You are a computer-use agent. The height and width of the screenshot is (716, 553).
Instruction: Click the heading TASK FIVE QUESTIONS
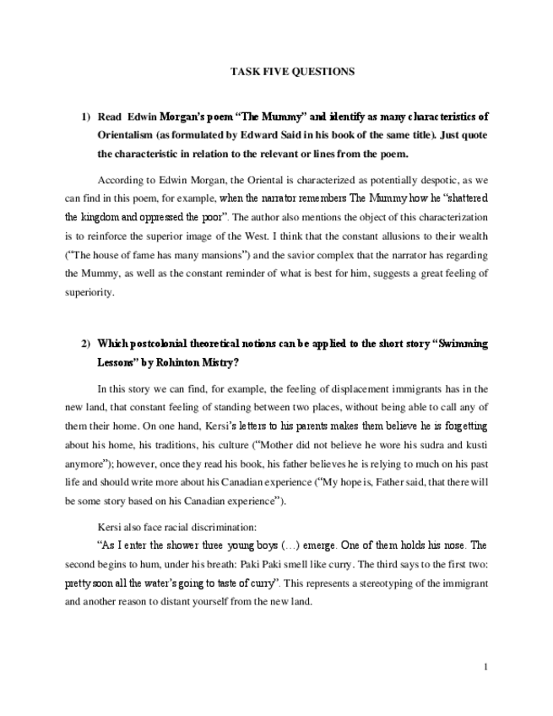[292, 72]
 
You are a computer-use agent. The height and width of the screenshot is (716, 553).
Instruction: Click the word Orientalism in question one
[126, 135]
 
